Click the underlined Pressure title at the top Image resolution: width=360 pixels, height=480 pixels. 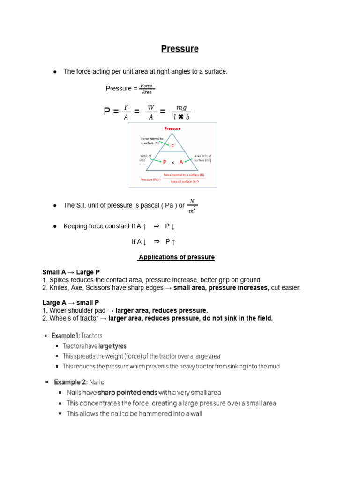point(180,49)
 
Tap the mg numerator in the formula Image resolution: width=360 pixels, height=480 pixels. point(181,107)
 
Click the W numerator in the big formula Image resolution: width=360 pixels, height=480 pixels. point(150,107)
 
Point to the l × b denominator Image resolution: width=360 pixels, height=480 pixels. point(181,117)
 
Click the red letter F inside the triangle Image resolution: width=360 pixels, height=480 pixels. point(172,147)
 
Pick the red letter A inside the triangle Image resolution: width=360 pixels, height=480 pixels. point(181,162)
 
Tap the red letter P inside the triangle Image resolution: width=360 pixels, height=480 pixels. point(165,162)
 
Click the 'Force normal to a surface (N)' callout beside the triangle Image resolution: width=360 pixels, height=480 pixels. point(151,141)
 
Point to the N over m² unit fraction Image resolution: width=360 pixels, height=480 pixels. point(192,206)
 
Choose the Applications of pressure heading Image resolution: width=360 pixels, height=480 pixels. point(176,257)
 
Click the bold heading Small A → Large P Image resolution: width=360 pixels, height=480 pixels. point(71,272)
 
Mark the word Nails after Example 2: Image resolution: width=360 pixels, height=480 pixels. point(97,382)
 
